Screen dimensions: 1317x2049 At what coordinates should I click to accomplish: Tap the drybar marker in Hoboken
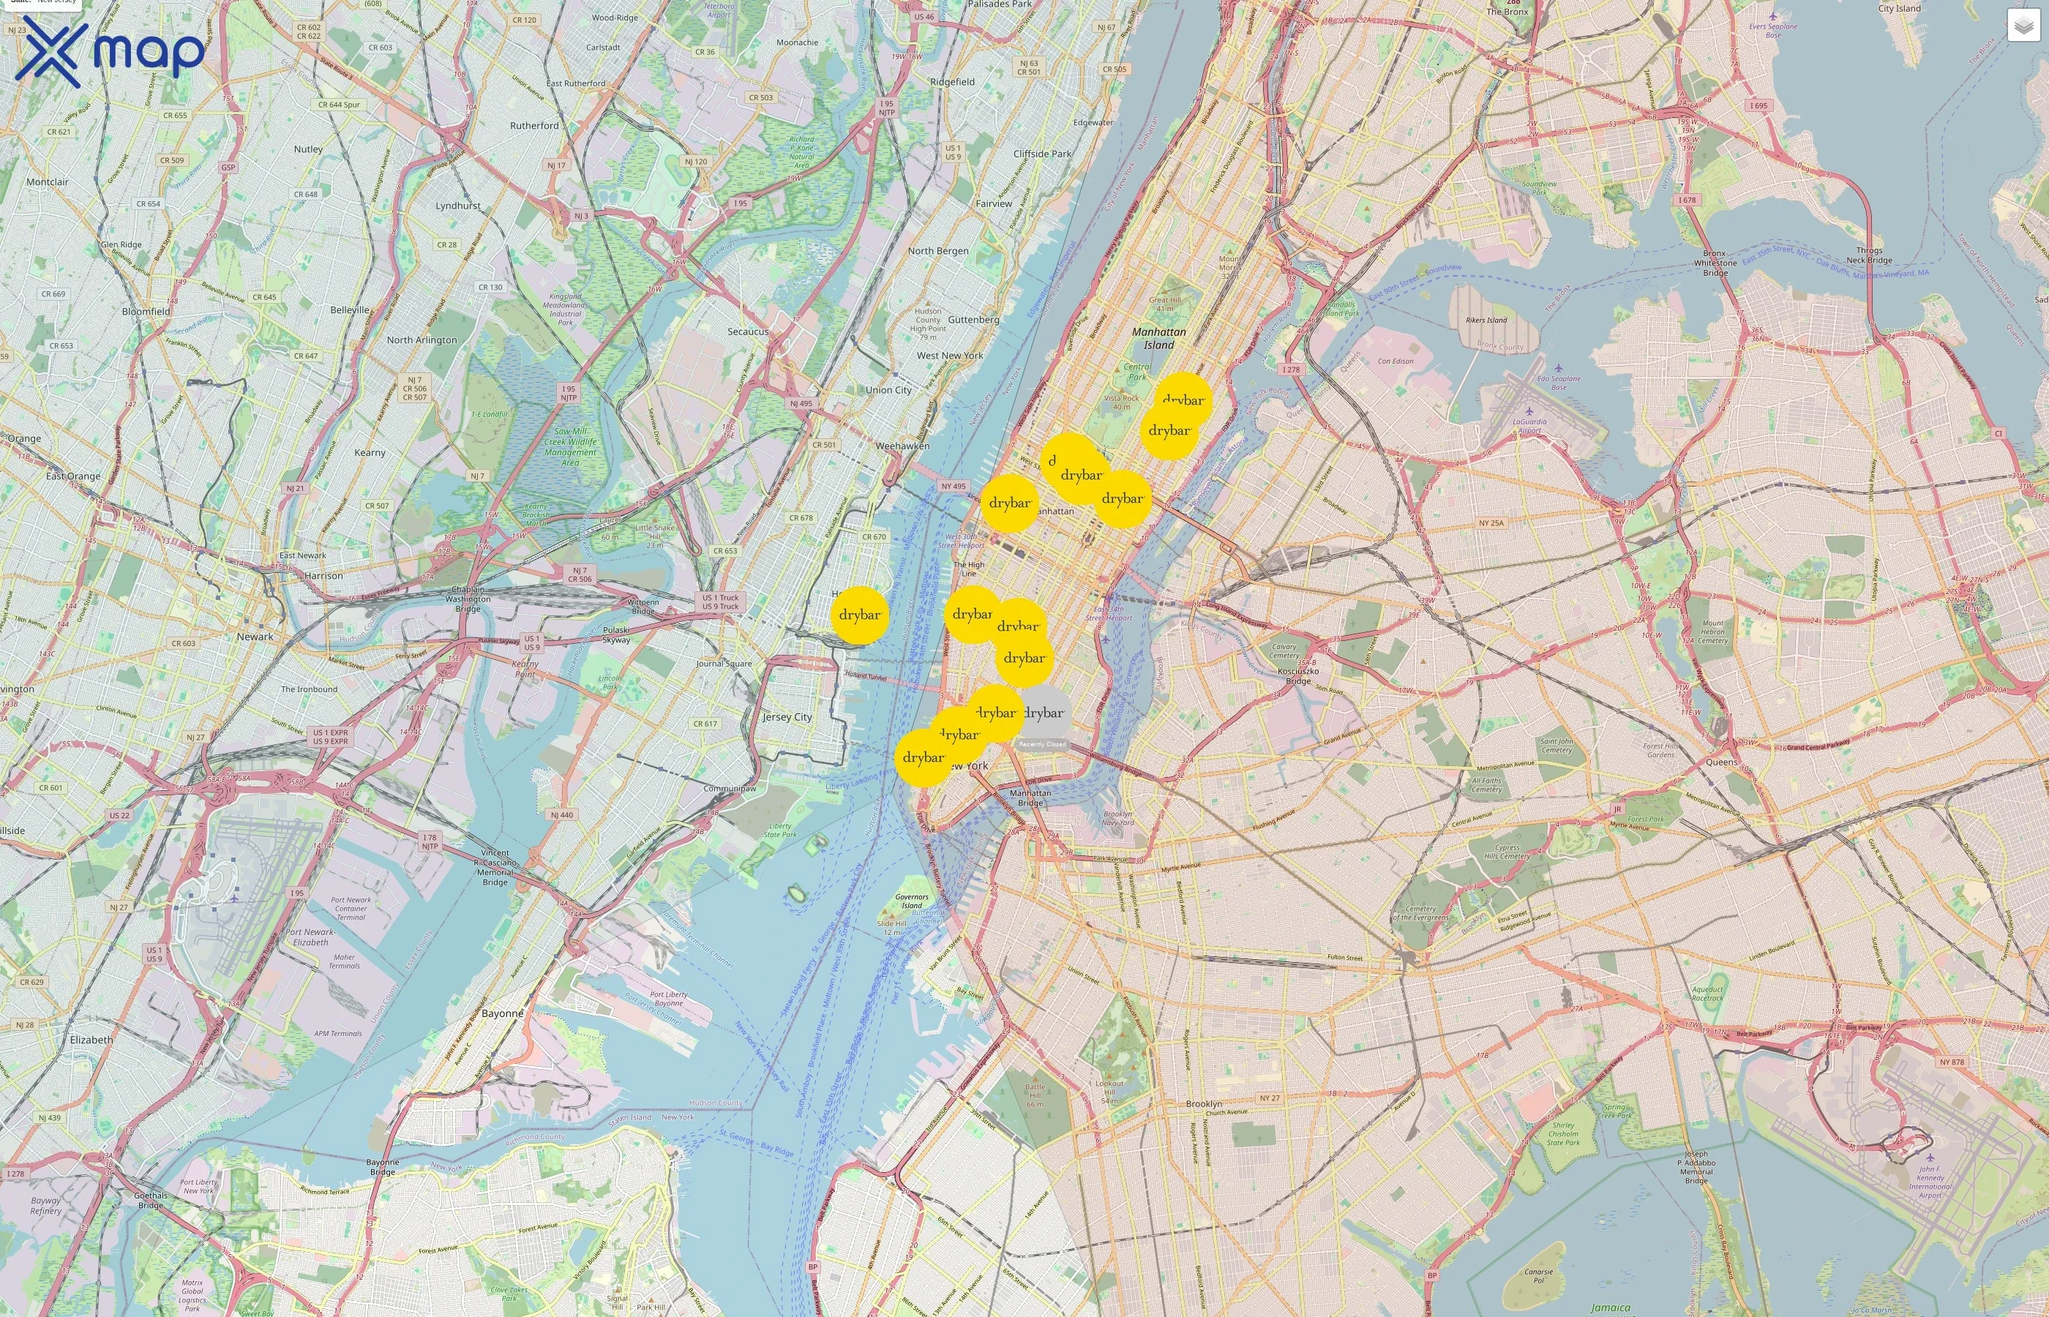point(859,615)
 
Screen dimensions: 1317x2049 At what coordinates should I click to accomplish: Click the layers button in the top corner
point(2023,26)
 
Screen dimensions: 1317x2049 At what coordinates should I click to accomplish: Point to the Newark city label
point(255,637)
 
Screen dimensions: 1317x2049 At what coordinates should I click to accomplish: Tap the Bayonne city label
point(502,1013)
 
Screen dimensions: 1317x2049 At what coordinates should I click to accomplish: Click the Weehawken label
point(902,446)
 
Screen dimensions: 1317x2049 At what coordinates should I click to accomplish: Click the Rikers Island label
point(1486,320)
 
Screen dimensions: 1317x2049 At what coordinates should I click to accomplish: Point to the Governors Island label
point(912,901)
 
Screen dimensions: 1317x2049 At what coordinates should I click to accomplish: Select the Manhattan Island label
point(1158,339)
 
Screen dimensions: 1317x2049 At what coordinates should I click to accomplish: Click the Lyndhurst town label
point(458,206)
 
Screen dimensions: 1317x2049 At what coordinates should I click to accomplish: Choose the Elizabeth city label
point(91,1040)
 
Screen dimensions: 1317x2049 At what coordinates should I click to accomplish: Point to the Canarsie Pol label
point(1538,1276)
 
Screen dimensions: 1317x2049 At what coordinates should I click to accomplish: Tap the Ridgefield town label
point(952,82)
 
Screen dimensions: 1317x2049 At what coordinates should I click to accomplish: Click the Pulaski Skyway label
point(615,634)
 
